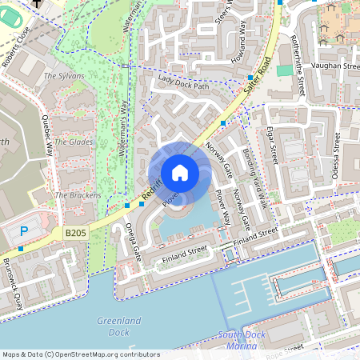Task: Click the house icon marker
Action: [x=179, y=172]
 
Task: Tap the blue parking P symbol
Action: [x=23, y=231]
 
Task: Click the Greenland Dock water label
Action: [x=118, y=326]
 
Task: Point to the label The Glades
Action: [x=73, y=142]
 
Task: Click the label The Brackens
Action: [x=78, y=195]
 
